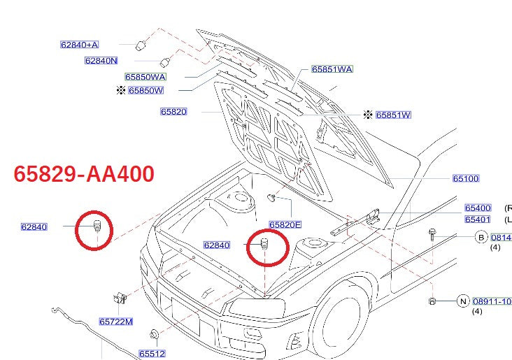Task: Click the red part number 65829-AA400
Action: tap(85, 174)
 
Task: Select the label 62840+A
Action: tap(79, 45)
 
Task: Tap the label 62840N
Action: tap(101, 61)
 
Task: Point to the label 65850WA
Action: tap(145, 77)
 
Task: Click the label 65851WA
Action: tap(332, 69)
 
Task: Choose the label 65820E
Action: tap(285, 224)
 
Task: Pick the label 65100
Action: tap(466, 179)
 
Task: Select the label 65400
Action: tap(478, 208)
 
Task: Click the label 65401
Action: tap(478, 219)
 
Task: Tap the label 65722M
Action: tap(115, 322)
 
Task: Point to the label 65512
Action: tap(152, 354)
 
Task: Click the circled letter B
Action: tap(481, 238)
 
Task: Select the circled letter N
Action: tap(462, 301)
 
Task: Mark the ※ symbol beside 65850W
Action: tap(120, 90)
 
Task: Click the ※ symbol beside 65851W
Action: tap(368, 115)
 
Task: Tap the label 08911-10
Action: tap(492, 302)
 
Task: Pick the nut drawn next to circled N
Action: tap(432, 301)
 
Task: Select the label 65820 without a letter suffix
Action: tap(173, 112)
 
